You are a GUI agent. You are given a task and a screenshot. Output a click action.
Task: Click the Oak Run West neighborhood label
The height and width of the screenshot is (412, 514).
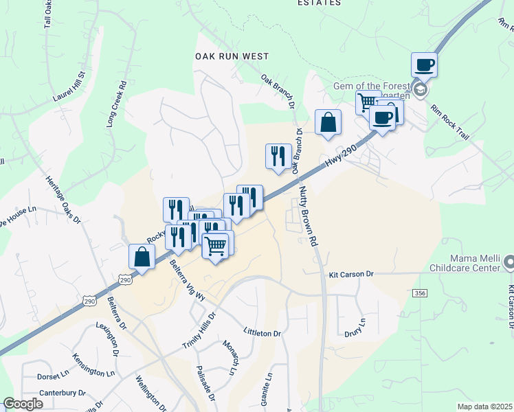coord(232,56)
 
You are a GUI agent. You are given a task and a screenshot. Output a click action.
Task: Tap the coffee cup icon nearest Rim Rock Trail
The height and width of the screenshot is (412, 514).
coord(425,65)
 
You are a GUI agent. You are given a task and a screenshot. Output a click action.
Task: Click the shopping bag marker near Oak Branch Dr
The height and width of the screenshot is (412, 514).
coord(328,122)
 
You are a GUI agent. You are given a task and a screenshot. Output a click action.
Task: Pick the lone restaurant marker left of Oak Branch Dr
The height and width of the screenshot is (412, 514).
coord(278,156)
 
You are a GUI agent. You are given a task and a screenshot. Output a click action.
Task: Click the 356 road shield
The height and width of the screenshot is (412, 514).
coord(421,293)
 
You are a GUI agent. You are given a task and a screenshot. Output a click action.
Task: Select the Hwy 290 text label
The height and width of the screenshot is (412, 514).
coord(343,159)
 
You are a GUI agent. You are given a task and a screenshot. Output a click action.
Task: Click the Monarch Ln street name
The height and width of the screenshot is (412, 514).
coord(229,357)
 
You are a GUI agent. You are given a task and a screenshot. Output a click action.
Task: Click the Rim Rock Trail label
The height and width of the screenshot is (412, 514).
coord(450,123)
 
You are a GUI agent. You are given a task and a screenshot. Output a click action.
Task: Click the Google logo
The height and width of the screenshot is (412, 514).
coord(23,404)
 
